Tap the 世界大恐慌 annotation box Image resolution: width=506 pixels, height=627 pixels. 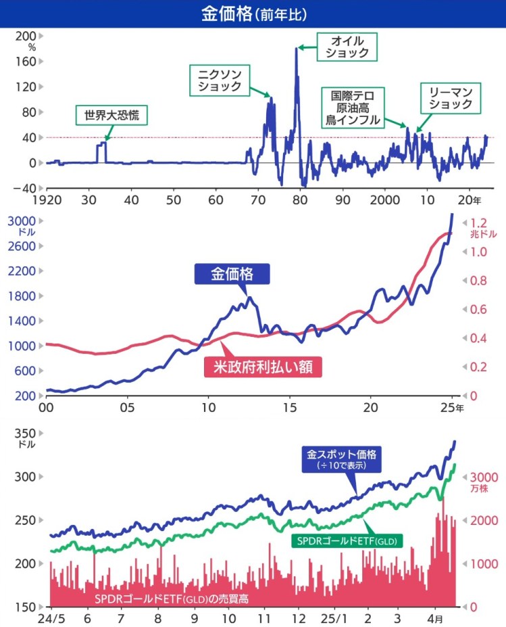click(111, 115)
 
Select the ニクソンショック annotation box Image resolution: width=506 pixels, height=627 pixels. click(219, 79)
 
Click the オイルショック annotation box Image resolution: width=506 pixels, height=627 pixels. click(347, 46)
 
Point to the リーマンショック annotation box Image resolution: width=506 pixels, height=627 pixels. click(451, 98)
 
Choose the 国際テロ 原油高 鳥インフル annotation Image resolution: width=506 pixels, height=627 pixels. click(352, 107)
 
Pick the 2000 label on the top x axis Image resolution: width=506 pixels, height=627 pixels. click(385, 201)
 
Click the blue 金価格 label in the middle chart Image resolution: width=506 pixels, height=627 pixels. click(232, 275)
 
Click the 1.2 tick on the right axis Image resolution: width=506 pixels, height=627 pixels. click(479, 223)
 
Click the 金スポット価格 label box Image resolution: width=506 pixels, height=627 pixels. click(341, 459)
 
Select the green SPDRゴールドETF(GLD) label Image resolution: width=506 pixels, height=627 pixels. click(347, 540)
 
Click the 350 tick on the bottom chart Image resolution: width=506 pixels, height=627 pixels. click(24, 434)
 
